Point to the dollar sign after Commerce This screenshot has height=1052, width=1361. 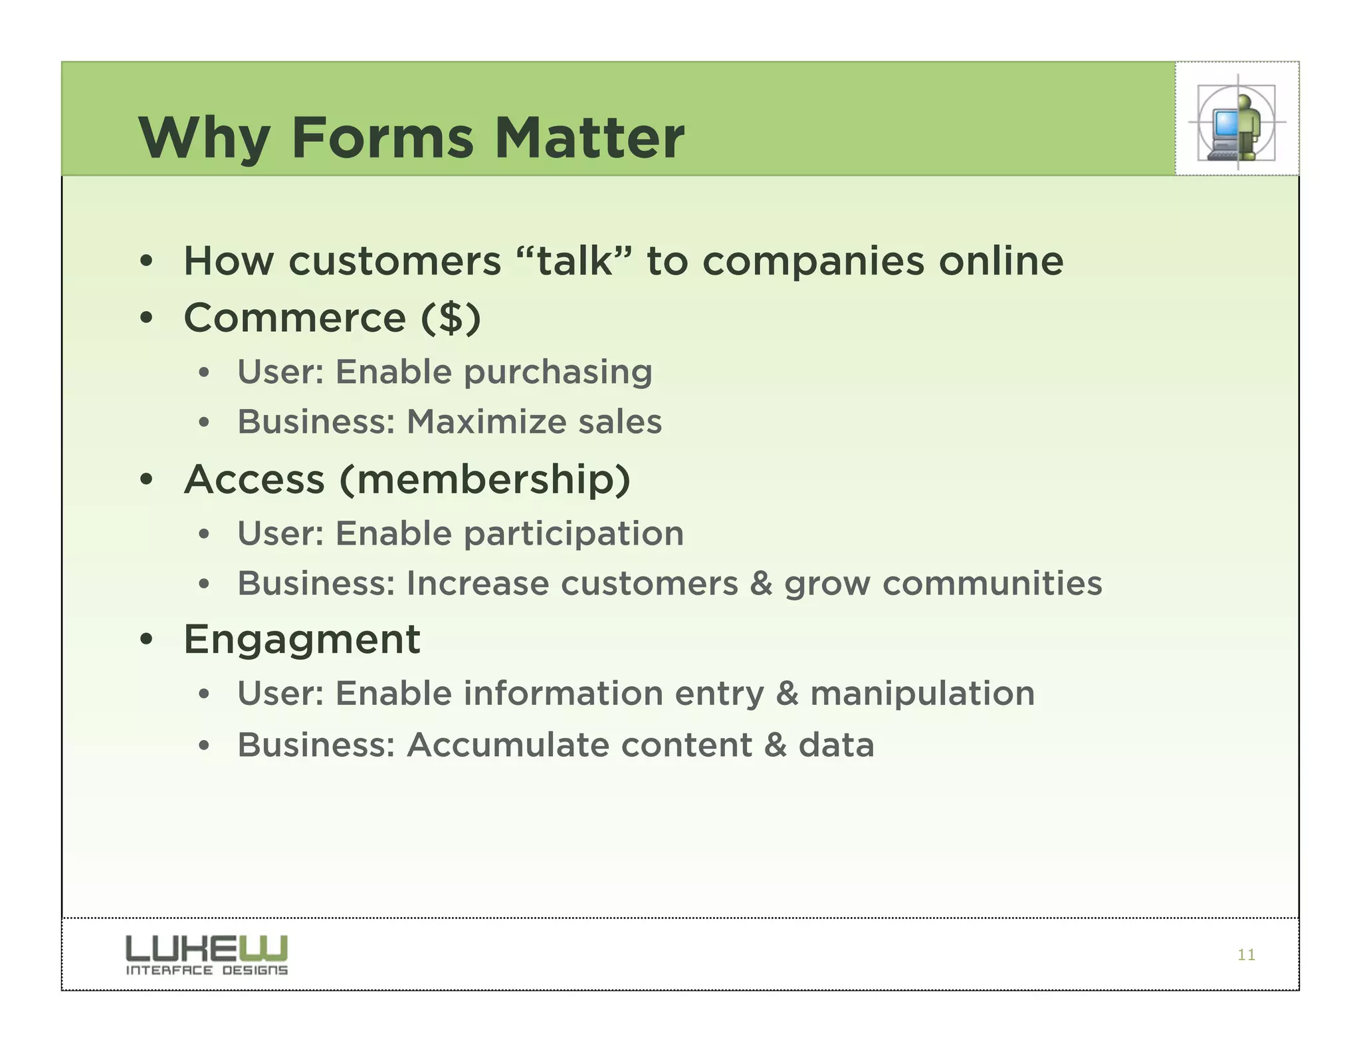tap(451, 318)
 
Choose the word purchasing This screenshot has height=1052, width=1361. tap(558, 372)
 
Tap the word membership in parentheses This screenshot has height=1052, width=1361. tap(484, 479)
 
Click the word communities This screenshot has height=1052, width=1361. tap(992, 583)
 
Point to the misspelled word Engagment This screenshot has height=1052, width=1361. tap(302, 640)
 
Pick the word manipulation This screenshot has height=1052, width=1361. tap(922, 694)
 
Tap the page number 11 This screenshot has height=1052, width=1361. tap(1246, 955)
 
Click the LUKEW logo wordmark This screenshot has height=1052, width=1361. tap(207, 948)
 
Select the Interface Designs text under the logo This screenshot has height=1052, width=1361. tap(207, 970)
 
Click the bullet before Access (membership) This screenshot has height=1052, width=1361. tap(147, 480)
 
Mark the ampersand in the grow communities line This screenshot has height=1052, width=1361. tap(761, 583)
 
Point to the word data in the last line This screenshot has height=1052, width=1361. tap(836, 745)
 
